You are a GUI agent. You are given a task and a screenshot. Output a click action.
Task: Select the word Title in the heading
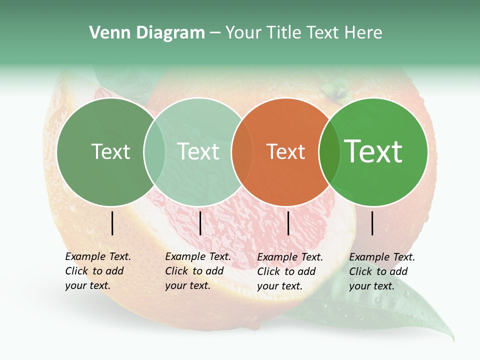click(285, 33)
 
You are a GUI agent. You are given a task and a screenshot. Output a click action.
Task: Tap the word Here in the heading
click(364, 33)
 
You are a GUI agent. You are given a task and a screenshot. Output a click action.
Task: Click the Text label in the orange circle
click(285, 152)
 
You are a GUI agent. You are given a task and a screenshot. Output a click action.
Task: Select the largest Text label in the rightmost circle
click(373, 151)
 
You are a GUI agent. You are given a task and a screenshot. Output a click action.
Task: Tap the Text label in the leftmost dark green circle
click(110, 152)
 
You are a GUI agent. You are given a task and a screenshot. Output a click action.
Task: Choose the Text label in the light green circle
click(198, 152)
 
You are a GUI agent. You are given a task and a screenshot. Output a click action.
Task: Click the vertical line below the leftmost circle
click(112, 223)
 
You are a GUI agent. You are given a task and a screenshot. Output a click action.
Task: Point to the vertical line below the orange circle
click(288, 223)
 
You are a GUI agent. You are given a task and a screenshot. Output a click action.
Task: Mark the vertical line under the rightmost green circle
click(372, 223)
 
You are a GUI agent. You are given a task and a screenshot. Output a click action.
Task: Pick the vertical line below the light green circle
click(200, 223)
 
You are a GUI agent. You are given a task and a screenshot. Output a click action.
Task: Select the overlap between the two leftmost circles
click(154, 152)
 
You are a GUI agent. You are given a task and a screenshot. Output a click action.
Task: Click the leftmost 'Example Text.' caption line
click(98, 256)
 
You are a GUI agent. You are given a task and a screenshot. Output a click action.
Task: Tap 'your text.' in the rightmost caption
click(371, 286)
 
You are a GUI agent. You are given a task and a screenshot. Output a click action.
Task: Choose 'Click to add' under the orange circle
click(286, 271)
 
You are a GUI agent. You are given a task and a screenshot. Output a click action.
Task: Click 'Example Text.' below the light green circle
click(198, 256)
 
